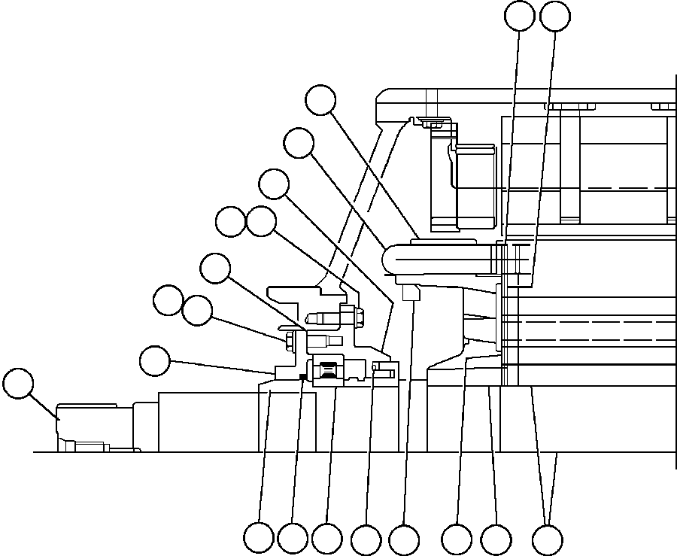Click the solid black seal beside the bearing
tap(302, 377)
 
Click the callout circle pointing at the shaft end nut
tap(18, 383)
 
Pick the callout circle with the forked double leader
tap(547, 539)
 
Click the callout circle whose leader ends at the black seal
tap(292, 539)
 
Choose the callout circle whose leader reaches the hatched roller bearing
tap(326, 539)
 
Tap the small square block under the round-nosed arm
tap(411, 292)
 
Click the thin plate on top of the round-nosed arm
tap(444, 242)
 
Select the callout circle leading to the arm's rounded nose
tap(299, 143)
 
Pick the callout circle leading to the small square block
tap(404, 539)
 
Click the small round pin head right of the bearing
tap(376, 368)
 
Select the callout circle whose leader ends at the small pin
tap(366, 539)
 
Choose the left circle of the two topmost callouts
tap(520, 17)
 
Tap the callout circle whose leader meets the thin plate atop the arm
tap(320, 99)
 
